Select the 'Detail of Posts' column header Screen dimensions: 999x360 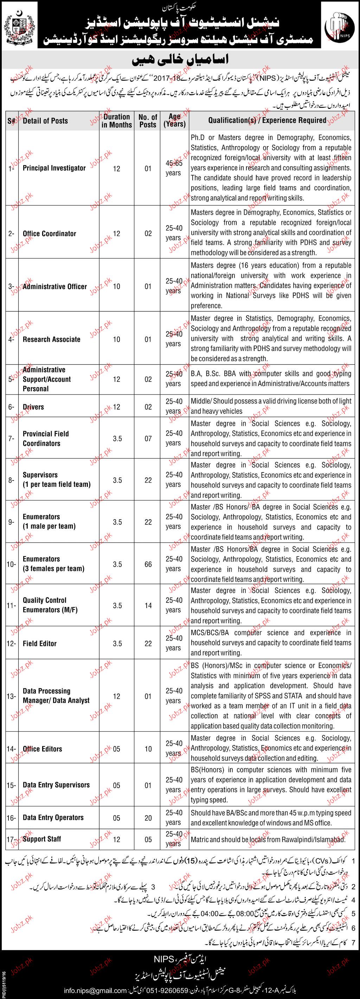pyautogui.click(x=45, y=120)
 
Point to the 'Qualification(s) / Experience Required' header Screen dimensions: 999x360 pyautogui.click(x=267, y=120)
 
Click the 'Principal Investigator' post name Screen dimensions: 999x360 pyautogui.click(x=54, y=168)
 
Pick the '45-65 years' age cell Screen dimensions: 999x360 pyautogui.click(x=173, y=168)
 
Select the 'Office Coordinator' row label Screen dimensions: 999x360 pyautogui.click(x=49, y=234)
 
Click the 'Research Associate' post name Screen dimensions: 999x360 pyautogui.click(x=51, y=339)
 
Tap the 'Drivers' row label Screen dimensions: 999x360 pyautogui.click(x=33, y=407)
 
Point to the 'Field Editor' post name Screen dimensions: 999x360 pyautogui.click(x=40, y=644)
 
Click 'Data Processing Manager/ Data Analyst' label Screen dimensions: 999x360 pyautogui.click(x=56, y=696)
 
